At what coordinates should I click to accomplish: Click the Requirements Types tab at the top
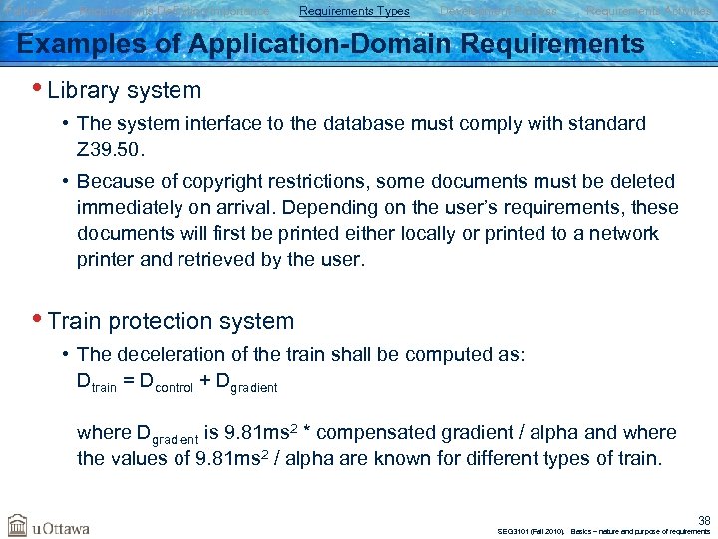click(354, 11)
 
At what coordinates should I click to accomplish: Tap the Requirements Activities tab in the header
click(648, 11)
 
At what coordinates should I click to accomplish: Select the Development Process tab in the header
click(498, 11)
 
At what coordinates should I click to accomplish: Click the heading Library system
click(124, 90)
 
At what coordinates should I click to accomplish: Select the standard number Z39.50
click(110, 149)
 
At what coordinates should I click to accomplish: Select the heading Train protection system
click(171, 321)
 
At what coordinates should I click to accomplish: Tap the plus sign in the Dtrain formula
click(206, 381)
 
